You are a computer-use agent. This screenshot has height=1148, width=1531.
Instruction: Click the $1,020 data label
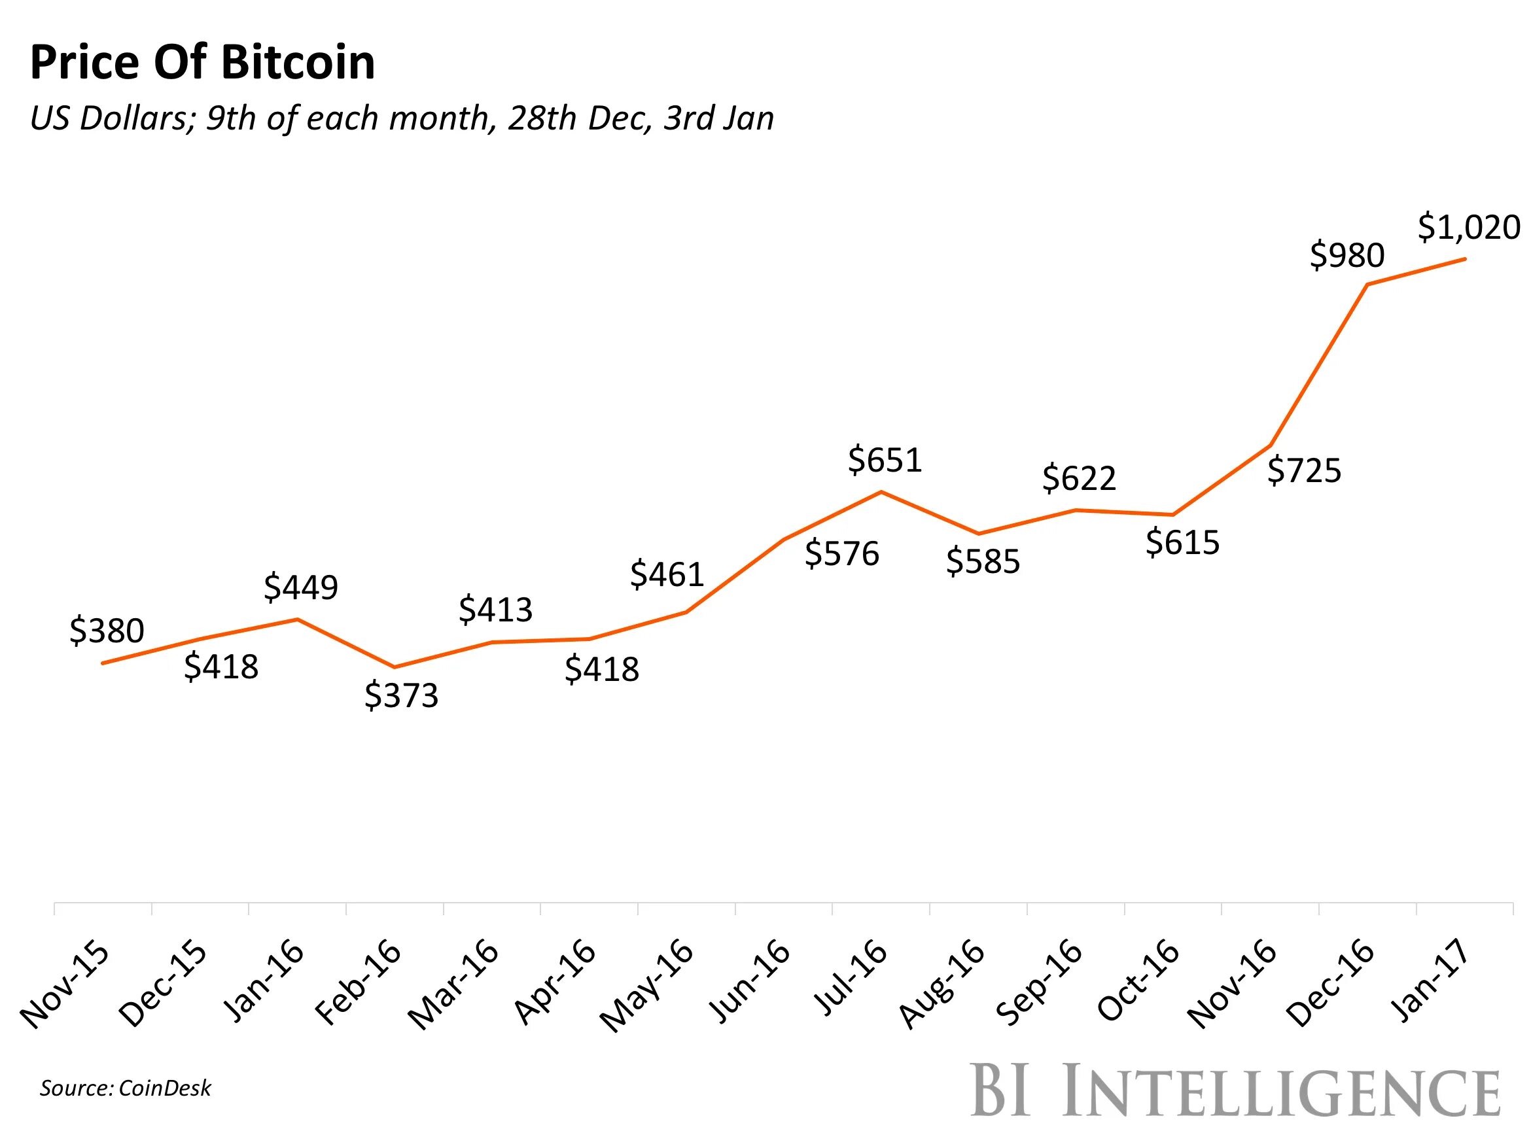pyautogui.click(x=1469, y=227)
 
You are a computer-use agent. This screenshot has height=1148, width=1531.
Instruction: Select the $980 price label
pyautogui.click(x=1347, y=255)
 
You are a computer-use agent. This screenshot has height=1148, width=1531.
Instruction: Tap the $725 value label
pyautogui.click(x=1304, y=470)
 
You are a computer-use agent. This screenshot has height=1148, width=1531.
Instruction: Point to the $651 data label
pyautogui.click(x=885, y=460)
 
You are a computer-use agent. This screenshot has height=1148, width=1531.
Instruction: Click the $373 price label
pyautogui.click(x=402, y=695)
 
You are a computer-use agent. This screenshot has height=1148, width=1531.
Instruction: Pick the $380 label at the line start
pyautogui.click(x=107, y=631)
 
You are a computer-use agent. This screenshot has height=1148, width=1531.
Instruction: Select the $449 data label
pyautogui.click(x=300, y=587)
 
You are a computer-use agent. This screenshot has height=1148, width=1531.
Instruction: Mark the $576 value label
pyautogui.click(x=841, y=553)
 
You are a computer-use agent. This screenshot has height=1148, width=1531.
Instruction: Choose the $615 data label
pyautogui.click(x=1182, y=542)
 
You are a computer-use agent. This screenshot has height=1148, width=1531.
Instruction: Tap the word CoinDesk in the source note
pyautogui.click(x=164, y=1088)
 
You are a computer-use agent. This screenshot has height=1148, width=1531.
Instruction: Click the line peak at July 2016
pyautogui.click(x=881, y=492)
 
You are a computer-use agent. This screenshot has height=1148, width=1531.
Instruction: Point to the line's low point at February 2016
pyautogui.click(x=395, y=667)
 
